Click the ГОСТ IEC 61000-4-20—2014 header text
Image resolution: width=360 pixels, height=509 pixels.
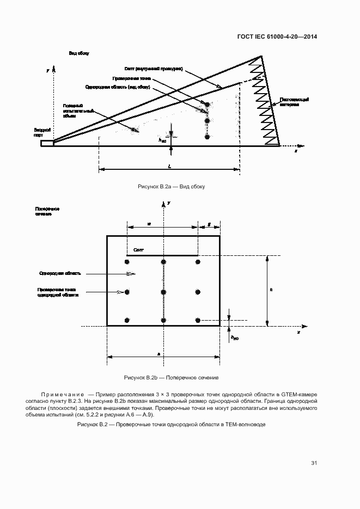point(278,36)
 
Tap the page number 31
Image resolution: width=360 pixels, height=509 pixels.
point(314,463)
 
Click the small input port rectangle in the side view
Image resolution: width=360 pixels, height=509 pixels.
point(47,144)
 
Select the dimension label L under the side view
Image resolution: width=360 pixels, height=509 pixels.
point(170,165)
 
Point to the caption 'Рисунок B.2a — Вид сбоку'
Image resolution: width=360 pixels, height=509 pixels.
point(171,187)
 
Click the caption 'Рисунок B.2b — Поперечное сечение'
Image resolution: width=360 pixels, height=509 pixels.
point(171,377)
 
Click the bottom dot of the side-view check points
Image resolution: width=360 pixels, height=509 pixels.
point(207,137)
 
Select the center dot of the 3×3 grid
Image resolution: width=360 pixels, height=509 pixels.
point(163,292)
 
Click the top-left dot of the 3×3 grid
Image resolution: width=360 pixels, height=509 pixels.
point(127,262)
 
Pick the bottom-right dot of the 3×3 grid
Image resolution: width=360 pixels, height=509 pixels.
point(198,320)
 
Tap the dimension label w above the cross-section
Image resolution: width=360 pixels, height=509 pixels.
point(149,223)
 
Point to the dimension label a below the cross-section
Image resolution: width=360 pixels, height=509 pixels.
point(158,354)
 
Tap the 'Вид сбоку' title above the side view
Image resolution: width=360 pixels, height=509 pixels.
point(78,53)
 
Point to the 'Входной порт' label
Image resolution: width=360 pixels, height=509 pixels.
point(42,133)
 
